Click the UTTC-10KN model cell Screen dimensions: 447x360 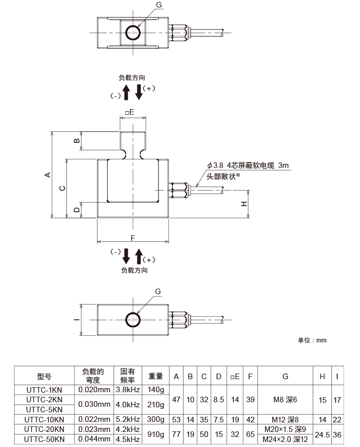click(x=45, y=420)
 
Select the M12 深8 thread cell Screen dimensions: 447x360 click(x=285, y=420)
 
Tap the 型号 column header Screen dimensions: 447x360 click(x=45, y=376)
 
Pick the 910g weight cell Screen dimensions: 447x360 click(x=156, y=434)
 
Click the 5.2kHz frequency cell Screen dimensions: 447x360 click(x=127, y=420)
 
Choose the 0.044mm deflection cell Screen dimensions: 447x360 click(x=95, y=439)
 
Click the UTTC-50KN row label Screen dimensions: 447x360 click(x=45, y=439)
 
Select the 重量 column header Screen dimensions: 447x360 click(x=156, y=376)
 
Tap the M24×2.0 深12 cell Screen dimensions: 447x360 click(x=285, y=439)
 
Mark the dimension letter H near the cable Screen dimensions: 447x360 click(x=243, y=204)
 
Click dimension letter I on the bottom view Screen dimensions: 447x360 click(x=75, y=320)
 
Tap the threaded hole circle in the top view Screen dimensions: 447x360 click(x=133, y=32)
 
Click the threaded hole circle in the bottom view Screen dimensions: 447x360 click(x=133, y=320)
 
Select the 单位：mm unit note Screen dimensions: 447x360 click(x=312, y=340)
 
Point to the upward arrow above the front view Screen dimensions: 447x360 click(x=126, y=92)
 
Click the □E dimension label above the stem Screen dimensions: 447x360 click(x=129, y=112)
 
